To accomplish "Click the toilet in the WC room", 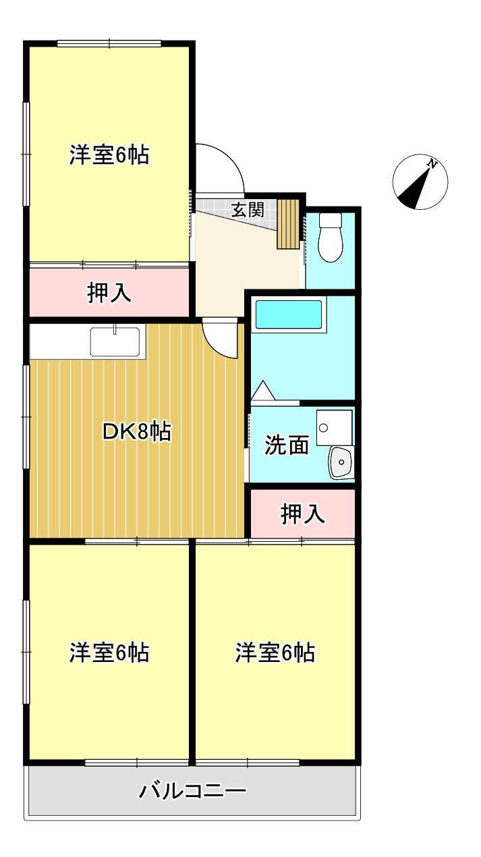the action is coord(331,238).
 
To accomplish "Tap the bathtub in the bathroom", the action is coord(289,314).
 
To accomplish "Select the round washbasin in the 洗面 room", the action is coord(341,462).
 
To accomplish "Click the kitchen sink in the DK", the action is coord(115,341).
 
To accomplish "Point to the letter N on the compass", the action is coord(432,165).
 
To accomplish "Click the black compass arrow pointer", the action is coord(416,187).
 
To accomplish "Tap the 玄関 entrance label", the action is coord(248,209).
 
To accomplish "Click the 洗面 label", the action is coord(287,445).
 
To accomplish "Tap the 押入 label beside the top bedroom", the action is coord(109,293).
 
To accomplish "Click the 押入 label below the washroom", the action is coord(303,514).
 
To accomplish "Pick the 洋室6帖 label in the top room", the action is coord(109,155).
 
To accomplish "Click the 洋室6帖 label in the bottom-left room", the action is coord(109,653).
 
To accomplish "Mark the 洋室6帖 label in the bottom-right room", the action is coord(275,653).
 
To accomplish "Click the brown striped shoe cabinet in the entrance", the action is coord(288,224).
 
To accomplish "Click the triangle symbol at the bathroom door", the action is coord(262,390).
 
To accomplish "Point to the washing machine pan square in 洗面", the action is coord(334,428).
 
